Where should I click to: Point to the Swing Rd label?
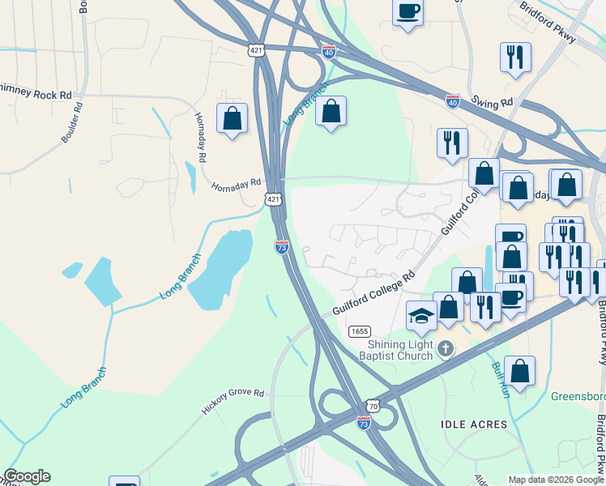click(493, 103)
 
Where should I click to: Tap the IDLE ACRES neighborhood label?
click(473, 424)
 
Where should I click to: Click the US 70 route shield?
click(372, 405)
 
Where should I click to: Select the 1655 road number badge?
click(360, 331)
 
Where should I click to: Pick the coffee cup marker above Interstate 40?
click(408, 11)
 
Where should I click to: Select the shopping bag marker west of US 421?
click(233, 118)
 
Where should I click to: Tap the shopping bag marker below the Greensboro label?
click(519, 371)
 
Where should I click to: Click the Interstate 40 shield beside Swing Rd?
click(453, 101)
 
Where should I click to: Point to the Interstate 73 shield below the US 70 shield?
click(364, 422)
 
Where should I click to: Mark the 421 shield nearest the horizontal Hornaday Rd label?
click(274, 198)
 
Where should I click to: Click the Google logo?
click(27, 476)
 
